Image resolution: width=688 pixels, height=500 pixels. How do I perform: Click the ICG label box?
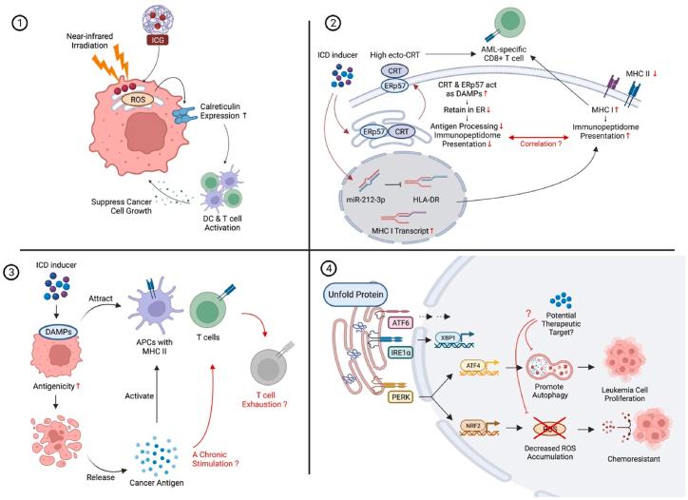pyautogui.click(x=158, y=40)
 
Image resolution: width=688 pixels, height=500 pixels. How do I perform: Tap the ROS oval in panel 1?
pyautogui.click(x=138, y=100)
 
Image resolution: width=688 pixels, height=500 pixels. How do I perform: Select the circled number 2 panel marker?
pyautogui.click(x=333, y=23)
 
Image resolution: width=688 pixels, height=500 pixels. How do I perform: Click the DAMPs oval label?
pyautogui.click(x=58, y=332)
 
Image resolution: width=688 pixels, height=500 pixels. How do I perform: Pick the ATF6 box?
pyautogui.click(x=401, y=323)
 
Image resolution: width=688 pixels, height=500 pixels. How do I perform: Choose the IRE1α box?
pyautogui.click(x=401, y=352)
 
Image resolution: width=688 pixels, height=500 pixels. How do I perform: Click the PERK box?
pyautogui.click(x=401, y=397)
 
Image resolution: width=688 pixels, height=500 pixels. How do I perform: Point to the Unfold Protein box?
pyautogui.click(x=355, y=294)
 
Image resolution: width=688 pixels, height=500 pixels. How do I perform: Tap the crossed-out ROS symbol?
pyautogui.click(x=550, y=429)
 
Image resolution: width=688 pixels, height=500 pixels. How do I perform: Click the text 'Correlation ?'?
pyautogui.click(x=541, y=144)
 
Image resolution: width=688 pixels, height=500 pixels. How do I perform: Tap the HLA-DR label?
pyautogui.click(x=426, y=200)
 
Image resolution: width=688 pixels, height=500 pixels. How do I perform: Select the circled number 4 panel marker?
pyautogui.click(x=329, y=268)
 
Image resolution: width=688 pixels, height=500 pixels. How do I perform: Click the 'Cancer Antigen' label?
pyautogui.click(x=157, y=483)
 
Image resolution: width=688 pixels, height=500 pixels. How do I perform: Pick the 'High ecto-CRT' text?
pyautogui.click(x=395, y=55)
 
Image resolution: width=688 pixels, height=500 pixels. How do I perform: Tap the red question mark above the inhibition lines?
pyautogui.click(x=528, y=314)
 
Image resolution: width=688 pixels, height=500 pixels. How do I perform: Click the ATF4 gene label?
pyautogui.click(x=472, y=365)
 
